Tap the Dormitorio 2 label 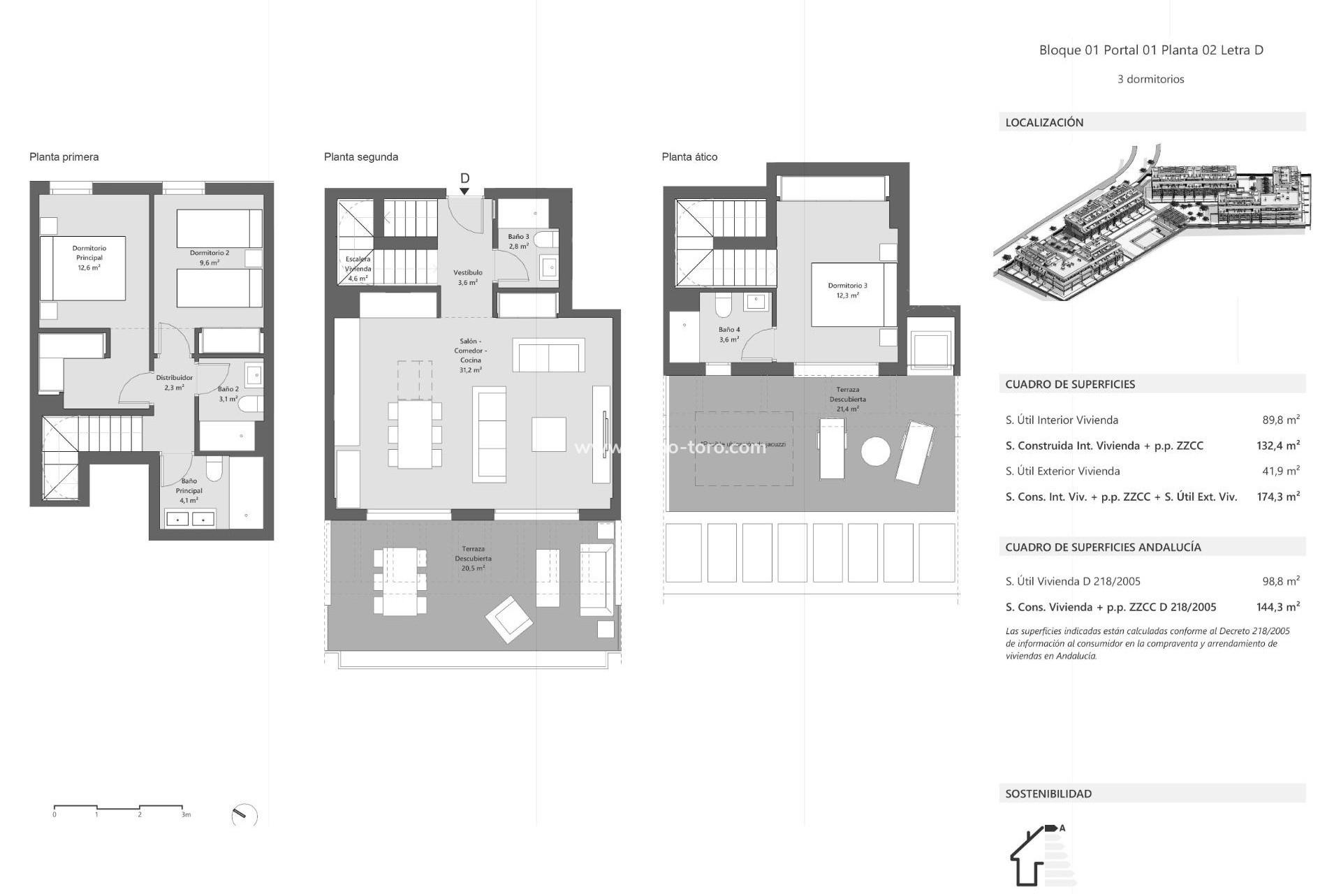[x=210, y=258]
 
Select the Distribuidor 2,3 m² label [x=174, y=382]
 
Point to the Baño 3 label [x=518, y=241]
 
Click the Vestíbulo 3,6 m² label [x=468, y=277]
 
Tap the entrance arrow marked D [x=464, y=183]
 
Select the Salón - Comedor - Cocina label [x=470, y=356]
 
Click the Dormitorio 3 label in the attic [x=847, y=290]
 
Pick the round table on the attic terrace [x=875, y=450]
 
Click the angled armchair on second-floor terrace [x=510, y=619]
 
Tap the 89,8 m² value [x=1280, y=420]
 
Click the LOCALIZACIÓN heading [x=1044, y=122]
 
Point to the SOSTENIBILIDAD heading [x=1048, y=793]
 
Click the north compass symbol [x=244, y=815]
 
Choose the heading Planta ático [x=689, y=156]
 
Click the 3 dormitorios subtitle [x=1150, y=79]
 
